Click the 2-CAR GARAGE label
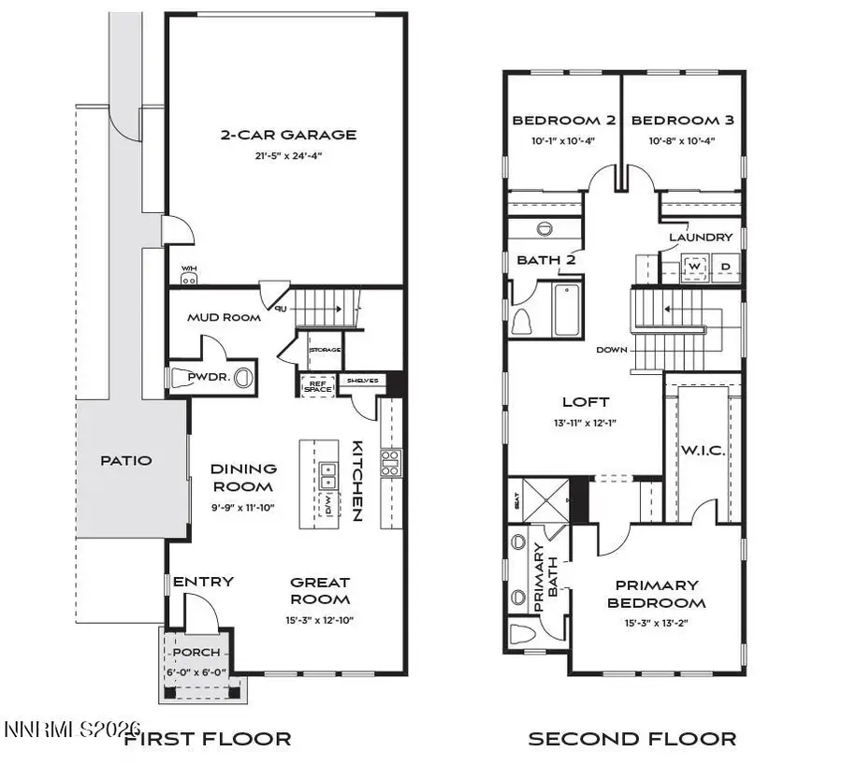(288, 135)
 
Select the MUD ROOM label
(224, 318)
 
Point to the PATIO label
(125, 460)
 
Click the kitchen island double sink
(328, 475)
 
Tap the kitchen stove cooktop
(389, 462)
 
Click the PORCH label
(197, 652)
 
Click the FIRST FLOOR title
(207, 739)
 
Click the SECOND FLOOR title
(632, 739)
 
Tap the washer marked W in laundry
(694, 266)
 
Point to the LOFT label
(586, 402)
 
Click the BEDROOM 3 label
(682, 121)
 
